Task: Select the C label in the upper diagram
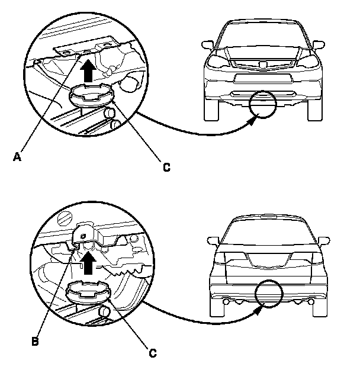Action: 167,168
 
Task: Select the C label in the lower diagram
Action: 153,353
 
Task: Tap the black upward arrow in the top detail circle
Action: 88,71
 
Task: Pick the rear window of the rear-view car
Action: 268,234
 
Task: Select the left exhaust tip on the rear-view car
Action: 226,302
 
